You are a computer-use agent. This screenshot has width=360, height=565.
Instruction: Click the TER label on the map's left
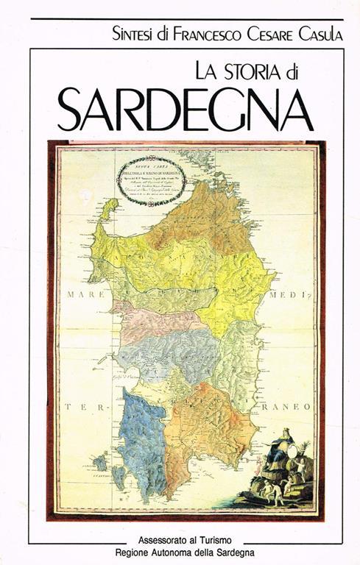pos(79,406)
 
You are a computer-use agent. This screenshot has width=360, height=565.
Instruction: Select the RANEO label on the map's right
pos(289,405)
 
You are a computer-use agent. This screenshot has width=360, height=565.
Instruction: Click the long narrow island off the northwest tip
pos(108,210)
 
